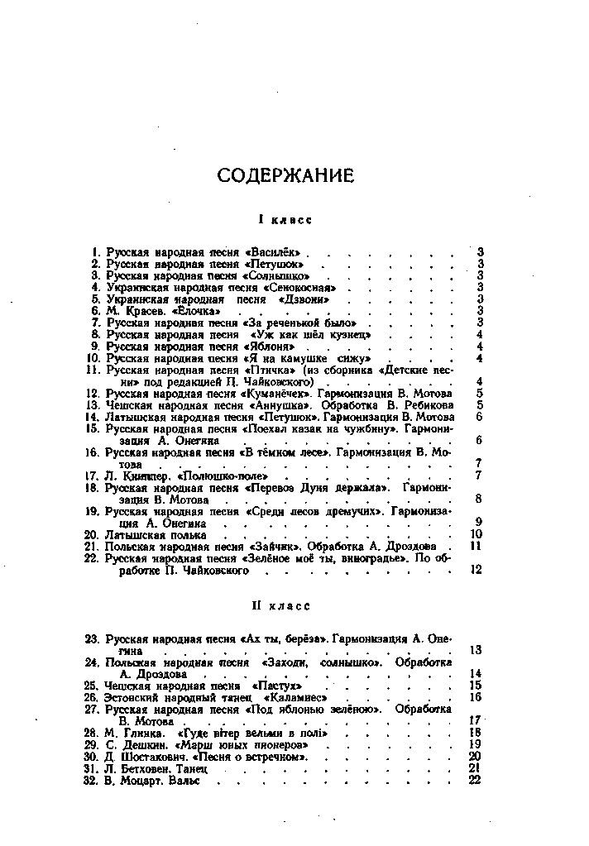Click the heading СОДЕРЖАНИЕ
[x=285, y=175]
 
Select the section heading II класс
[x=282, y=606]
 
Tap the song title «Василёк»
[x=275, y=251]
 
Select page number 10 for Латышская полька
[x=475, y=534]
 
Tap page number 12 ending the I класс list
[x=475, y=570]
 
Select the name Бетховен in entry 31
[x=142, y=768]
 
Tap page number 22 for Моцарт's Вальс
[x=474, y=780]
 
